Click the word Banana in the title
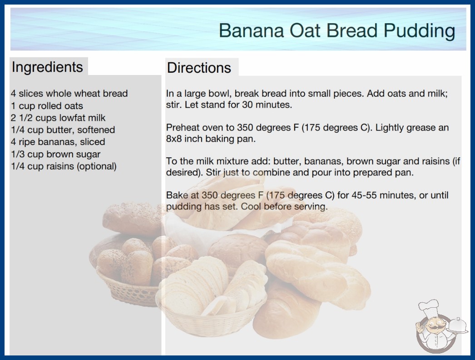(x=252, y=30)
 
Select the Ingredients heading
(x=47, y=67)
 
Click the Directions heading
(x=199, y=68)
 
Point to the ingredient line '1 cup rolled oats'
(x=47, y=106)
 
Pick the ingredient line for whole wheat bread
(x=69, y=94)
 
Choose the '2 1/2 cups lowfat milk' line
(x=58, y=118)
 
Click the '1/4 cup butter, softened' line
(x=63, y=130)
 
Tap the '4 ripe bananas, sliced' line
(x=58, y=142)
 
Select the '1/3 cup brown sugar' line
(x=56, y=154)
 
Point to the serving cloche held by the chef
(x=457, y=326)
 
